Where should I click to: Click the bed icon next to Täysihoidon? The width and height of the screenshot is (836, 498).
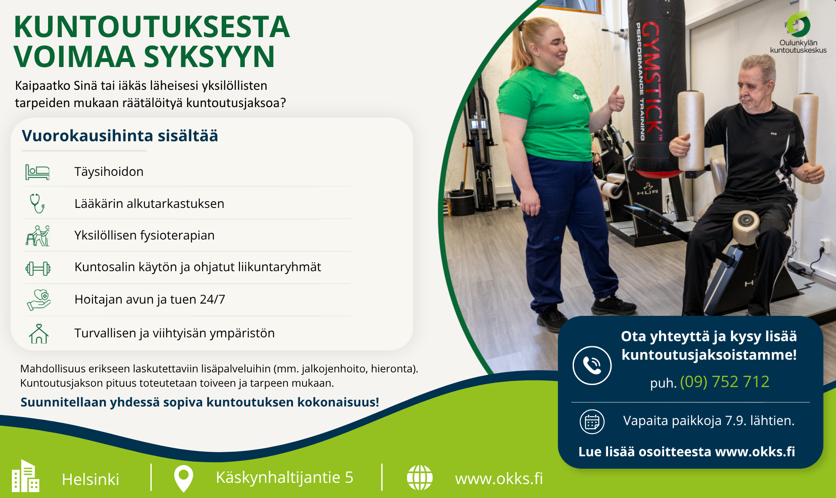(x=37, y=172)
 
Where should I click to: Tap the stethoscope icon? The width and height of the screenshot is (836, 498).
(x=37, y=203)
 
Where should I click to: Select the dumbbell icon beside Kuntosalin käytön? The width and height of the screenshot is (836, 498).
(x=38, y=268)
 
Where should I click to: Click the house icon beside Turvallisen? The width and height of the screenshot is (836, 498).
(x=39, y=334)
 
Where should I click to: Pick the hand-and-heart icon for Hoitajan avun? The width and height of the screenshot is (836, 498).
(x=39, y=300)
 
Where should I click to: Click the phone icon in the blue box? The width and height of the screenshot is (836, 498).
(x=592, y=365)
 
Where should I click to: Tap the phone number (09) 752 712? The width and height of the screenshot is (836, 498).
(x=725, y=382)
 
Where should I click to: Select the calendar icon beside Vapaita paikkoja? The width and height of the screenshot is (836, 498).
(x=592, y=422)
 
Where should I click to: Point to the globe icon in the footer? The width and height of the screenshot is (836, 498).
(x=420, y=478)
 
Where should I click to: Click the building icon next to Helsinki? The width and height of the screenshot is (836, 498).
(x=25, y=476)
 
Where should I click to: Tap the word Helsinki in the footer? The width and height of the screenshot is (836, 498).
(x=91, y=479)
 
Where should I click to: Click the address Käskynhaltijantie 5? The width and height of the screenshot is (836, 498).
(x=284, y=478)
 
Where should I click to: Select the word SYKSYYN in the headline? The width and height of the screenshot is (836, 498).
(x=209, y=57)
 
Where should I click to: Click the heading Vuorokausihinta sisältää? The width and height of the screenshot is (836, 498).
(x=120, y=136)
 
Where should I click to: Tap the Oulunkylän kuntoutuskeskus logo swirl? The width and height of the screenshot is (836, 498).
(x=798, y=24)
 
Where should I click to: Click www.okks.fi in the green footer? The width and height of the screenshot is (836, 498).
(x=499, y=479)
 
